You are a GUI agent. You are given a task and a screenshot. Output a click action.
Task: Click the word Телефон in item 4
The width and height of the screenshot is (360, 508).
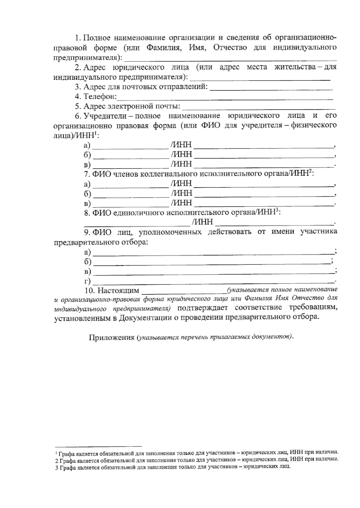pos(99,97)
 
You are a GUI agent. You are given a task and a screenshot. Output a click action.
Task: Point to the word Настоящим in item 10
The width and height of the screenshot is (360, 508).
pos(118,290)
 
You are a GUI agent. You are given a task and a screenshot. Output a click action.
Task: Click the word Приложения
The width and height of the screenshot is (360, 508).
pos(111,337)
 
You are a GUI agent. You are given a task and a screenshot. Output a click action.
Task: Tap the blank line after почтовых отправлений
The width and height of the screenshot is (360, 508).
pos(271,89)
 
